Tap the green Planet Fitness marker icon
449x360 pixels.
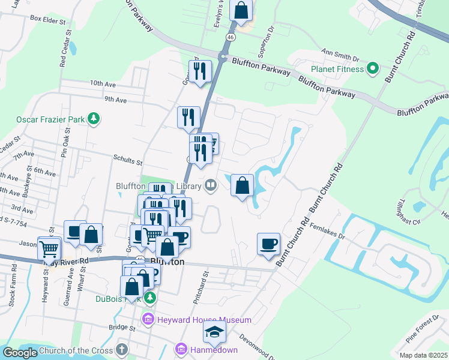pyautogui.click(x=372, y=68)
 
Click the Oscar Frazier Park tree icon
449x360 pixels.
pyautogui.click(x=93, y=119)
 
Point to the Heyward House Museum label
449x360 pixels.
pyautogui.click(x=204, y=320)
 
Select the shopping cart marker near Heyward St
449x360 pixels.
pyautogui.click(x=49, y=248)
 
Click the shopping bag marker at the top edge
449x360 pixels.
pyautogui.click(x=241, y=10)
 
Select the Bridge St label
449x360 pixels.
pyautogui.click(x=122, y=328)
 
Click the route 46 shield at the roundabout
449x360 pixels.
pyautogui.click(x=230, y=37)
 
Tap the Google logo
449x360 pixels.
pyautogui.click(x=20, y=353)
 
